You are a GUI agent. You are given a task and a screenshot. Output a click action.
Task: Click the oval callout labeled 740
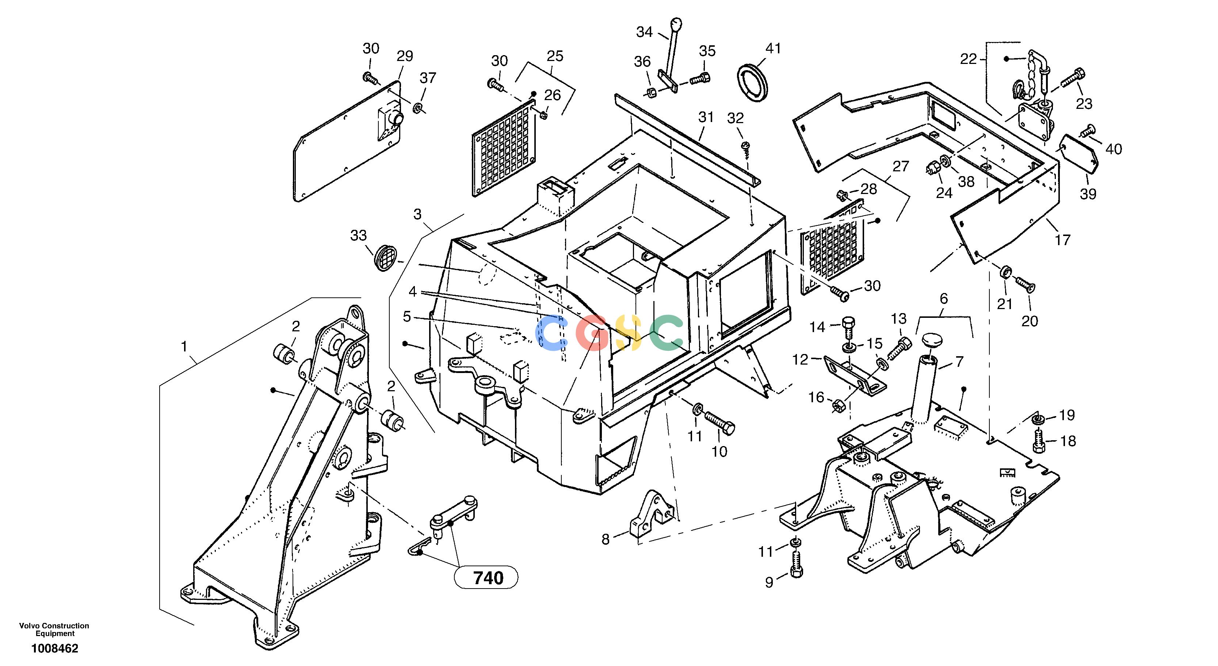pyautogui.click(x=486, y=578)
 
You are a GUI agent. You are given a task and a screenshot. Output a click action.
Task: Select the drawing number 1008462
pyautogui.click(x=55, y=648)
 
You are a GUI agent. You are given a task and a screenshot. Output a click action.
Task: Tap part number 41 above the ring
pyautogui.click(x=774, y=49)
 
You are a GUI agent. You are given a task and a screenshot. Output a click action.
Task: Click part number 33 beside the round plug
pyautogui.click(x=358, y=235)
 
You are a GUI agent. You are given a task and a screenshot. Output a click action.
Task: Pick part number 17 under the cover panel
pyautogui.click(x=1062, y=240)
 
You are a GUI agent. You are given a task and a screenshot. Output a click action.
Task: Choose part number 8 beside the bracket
pyautogui.click(x=606, y=539)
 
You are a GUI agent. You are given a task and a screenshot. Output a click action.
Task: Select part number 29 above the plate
pyautogui.click(x=405, y=56)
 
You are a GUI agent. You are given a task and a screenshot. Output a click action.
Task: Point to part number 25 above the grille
pyautogui.click(x=555, y=56)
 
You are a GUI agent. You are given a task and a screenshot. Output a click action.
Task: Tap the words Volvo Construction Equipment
pyautogui.click(x=54, y=629)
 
